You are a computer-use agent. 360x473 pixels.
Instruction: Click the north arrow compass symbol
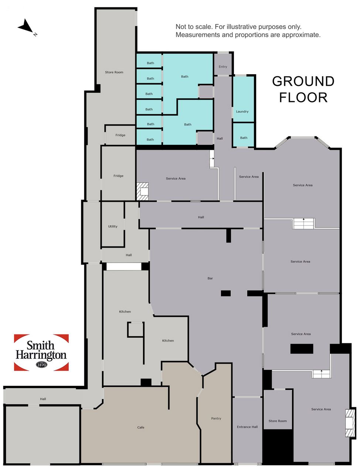[26, 27]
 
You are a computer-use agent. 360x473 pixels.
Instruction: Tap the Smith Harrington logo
[41, 352]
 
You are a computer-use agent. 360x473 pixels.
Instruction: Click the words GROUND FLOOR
[303, 89]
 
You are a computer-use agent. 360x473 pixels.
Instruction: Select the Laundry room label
[242, 111]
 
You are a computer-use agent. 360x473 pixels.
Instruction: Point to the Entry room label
[223, 67]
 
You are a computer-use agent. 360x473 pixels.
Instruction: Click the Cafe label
[141, 427]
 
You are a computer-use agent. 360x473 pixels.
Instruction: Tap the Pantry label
[216, 418]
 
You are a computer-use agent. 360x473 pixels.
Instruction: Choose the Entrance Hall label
[247, 427]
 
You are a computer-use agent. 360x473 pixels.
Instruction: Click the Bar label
[210, 278]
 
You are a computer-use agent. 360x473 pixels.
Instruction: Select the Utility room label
[113, 226]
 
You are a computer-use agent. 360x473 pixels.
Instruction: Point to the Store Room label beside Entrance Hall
[278, 421]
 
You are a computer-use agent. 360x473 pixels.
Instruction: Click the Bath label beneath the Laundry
[244, 138]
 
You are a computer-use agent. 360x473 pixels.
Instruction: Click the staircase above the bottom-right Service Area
[321, 374]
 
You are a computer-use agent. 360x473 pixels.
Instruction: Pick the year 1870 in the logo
[41, 365]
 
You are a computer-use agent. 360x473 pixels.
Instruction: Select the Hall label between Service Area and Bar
[201, 217]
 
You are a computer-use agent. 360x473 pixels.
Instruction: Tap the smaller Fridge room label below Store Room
[120, 135]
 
